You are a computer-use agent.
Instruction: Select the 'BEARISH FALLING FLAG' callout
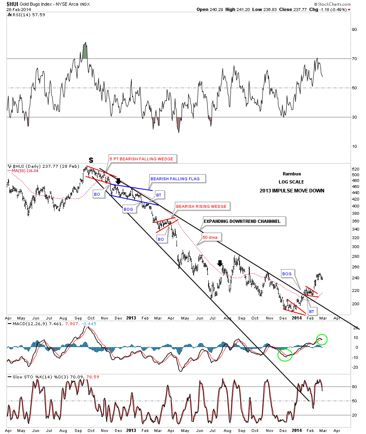click(x=178, y=178)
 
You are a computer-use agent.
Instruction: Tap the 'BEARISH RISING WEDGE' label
click(x=201, y=206)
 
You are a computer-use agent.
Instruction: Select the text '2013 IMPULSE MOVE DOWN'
click(x=292, y=190)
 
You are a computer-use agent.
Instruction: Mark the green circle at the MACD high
click(x=321, y=339)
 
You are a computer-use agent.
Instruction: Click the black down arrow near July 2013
click(x=220, y=263)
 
